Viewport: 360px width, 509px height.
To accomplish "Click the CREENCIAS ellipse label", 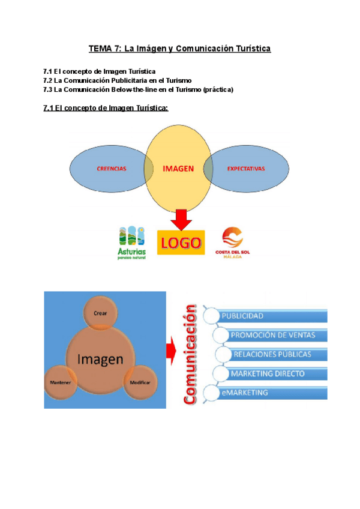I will click(x=112, y=169).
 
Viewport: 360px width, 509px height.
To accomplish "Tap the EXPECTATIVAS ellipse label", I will click(x=246, y=169).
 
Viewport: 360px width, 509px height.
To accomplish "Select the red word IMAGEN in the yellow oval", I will click(x=178, y=169).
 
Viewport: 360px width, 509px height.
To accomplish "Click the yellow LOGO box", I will click(x=180, y=243).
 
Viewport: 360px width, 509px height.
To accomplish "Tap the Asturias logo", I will click(x=131, y=242).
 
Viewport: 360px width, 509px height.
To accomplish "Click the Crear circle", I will click(x=100, y=313).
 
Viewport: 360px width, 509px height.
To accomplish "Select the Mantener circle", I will click(x=61, y=382).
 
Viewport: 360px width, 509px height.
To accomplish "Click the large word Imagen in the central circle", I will click(x=100, y=359).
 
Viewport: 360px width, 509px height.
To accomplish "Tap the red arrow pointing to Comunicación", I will click(x=174, y=352).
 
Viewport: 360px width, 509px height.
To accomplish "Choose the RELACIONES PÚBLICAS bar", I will click(x=273, y=354).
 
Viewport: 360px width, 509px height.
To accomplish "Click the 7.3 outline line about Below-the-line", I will click(x=138, y=89).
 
